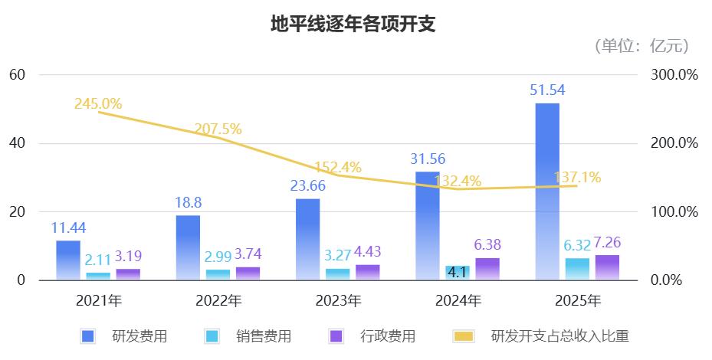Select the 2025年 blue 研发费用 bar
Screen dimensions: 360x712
pyautogui.click(x=547, y=191)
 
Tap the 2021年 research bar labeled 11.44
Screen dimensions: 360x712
pyautogui.click(x=68, y=260)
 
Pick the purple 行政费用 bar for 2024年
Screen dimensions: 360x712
pyautogui.click(x=487, y=269)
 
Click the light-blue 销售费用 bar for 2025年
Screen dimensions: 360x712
pyautogui.click(x=577, y=269)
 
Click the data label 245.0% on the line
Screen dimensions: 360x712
pyautogui.click(x=98, y=103)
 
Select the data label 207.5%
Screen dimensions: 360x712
pyautogui.click(x=218, y=129)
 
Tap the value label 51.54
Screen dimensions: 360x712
pyautogui.click(x=547, y=90)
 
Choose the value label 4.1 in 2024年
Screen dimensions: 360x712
pyautogui.click(x=457, y=272)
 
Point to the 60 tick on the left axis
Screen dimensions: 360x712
pyautogui.click(x=18, y=75)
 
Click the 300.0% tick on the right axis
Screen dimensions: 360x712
pyautogui.click(x=673, y=75)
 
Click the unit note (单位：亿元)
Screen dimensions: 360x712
pyautogui.click(x=641, y=46)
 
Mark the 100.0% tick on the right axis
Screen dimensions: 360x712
pyautogui.click(x=673, y=212)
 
